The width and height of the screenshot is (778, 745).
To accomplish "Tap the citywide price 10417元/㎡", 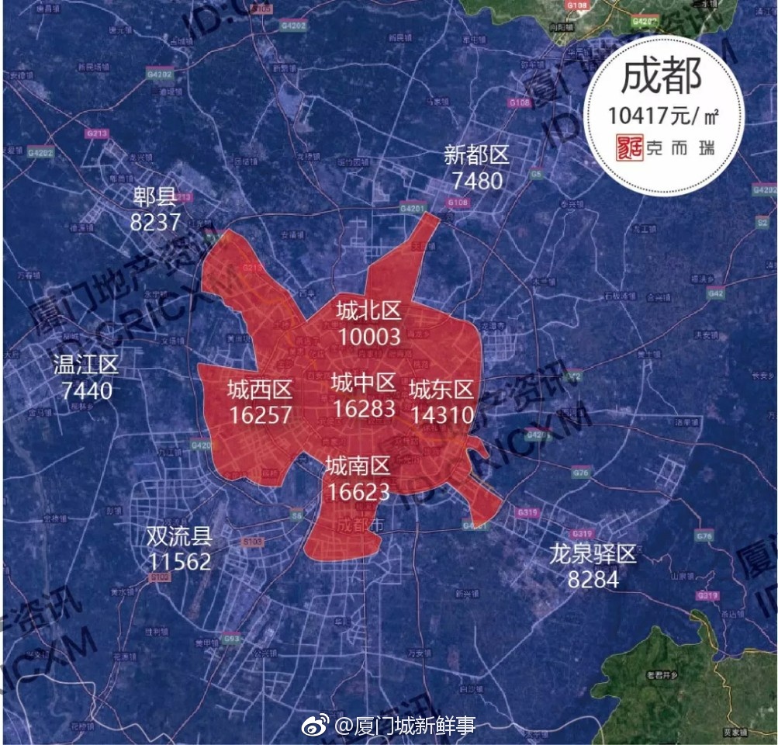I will pos(663,116).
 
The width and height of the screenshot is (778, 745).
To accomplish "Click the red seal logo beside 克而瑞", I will pos(625,149).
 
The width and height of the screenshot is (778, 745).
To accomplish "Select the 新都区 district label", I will pos(476,155).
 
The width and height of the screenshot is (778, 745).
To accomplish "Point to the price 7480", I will pos(476,181).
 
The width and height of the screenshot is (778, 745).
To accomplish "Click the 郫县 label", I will pos(155,198).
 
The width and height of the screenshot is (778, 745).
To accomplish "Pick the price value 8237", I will pos(155,223).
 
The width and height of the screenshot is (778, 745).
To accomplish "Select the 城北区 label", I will pos(368,310).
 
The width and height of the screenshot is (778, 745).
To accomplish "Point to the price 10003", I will pos(369,336).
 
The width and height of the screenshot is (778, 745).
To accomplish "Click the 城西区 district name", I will pos(259,388).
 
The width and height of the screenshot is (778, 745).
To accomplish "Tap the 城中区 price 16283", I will pos(363,407).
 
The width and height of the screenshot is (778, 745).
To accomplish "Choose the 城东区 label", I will pos(441,388).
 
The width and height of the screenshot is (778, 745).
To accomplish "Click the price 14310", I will pos(441,414).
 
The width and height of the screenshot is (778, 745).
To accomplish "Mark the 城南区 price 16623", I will pos(358,491).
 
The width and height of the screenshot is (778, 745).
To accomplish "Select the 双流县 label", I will pos(178,535).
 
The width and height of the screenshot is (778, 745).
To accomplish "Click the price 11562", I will pos(178,561).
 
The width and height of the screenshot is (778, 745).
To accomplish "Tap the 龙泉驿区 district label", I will pos(593,554).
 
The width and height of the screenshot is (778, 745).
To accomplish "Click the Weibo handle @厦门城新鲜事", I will pos(404,726).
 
